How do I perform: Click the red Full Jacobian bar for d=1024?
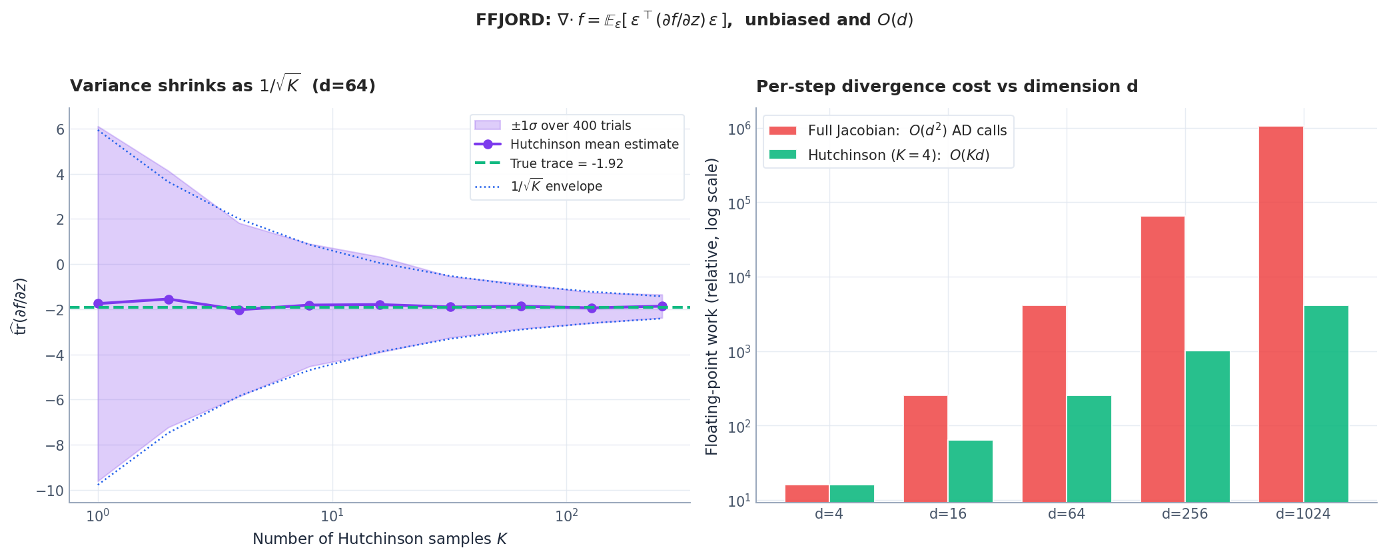pyautogui.click(x=1280, y=313)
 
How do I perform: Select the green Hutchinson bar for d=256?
pyautogui.click(x=1207, y=427)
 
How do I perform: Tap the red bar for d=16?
pyautogui.click(x=925, y=449)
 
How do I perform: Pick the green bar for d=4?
pyautogui.click(x=851, y=493)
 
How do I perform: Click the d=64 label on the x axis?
pyautogui.click(x=1066, y=514)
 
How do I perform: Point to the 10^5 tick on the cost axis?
pyautogui.click(x=739, y=203)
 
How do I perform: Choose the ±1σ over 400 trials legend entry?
pyautogui.click(x=570, y=126)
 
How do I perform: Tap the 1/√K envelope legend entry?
pyautogui.click(x=556, y=187)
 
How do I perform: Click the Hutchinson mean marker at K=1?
pyautogui.click(x=98, y=303)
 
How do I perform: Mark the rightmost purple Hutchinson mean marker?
pyautogui.click(x=662, y=306)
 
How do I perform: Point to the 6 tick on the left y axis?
pyautogui.click(x=61, y=129)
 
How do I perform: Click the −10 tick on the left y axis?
pyautogui.click(x=51, y=491)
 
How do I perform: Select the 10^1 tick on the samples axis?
pyautogui.click(x=332, y=516)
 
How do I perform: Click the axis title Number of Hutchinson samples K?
pyautogui.click(x=379, y=539)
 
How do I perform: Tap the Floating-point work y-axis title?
pyautogui.click(x=711, y=306)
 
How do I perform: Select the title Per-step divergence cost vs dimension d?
pyautogui.click(x=947, y=87)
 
